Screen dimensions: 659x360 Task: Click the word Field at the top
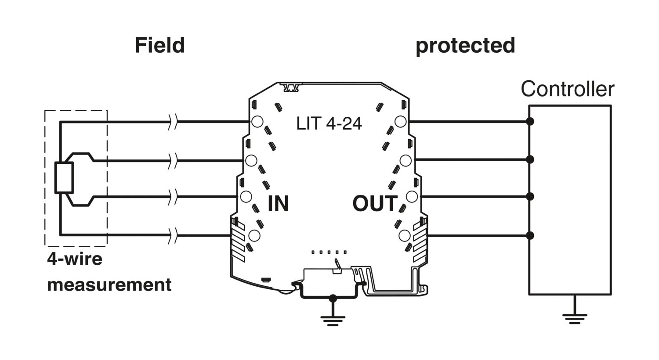tap(160, 45)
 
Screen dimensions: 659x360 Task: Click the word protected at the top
tap(465, 46)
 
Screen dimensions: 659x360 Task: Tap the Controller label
tap(568, 89)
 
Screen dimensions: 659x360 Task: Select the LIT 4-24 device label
tap(329, 123)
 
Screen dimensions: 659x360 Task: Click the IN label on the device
tap(278, 203)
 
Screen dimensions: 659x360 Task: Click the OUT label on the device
tap(375, 203)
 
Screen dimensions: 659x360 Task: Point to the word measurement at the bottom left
tap(109, 285)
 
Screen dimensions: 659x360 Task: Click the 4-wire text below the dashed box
tap(75, 259)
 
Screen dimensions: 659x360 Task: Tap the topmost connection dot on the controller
tap(530, 121)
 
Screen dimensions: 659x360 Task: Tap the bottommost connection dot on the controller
tap(530, 235)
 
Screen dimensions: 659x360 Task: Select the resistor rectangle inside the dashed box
tap(64, 177)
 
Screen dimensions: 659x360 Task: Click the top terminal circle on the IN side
tap(257, 121)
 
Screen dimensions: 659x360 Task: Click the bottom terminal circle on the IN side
tap(254, 235)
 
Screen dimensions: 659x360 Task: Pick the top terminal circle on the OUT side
tap(400, 121)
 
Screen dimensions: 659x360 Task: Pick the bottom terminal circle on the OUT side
tap(405, 235)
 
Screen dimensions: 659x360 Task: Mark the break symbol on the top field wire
tap(174, 121)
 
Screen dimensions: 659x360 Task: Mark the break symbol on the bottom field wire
tap(174, 235)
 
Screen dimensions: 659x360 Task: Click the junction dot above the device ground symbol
tap(333, 298)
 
